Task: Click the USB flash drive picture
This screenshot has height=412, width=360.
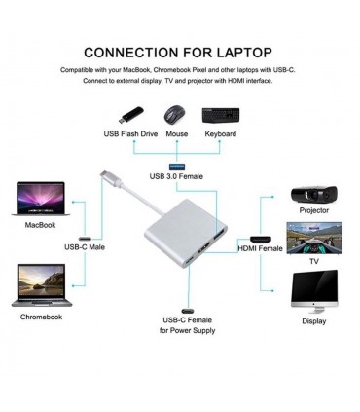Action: pyautogui.click(x=129, y=114)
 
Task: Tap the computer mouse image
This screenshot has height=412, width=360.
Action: pyautogui.click(x=176, y=113)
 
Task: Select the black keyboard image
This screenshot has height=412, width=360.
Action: pyautogui.click(x=220, y=114)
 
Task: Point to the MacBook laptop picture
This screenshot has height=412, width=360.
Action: pyautogui.click(x=40, y=199)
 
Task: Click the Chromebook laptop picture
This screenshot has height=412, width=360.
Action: pyautogui.click(x=42, y=285)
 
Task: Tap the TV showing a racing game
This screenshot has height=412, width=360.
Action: pyautogui.click(x=313, y=238)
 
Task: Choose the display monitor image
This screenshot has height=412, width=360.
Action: pyautogui.click(x=313, y=289)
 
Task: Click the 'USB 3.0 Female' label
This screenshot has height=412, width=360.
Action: pyautogui.click(x=177, y=176)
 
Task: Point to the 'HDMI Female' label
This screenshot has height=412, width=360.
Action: pyautogui.click(x=261, y=248)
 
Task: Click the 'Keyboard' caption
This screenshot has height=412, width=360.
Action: pyautogui.click(x=220, y=133)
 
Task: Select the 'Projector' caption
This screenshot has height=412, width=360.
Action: pyautogui.click(x=313, y=209)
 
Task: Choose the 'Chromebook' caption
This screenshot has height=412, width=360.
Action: pyautogui.click(x=42, y=317)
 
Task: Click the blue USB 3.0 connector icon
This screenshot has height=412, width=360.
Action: pyautogui.click(x=178, y=157)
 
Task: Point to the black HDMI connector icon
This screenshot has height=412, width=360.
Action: pyautogui.click(x=261, y=237)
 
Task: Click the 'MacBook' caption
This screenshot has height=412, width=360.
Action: pyautogui.click(x=40, y=224)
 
